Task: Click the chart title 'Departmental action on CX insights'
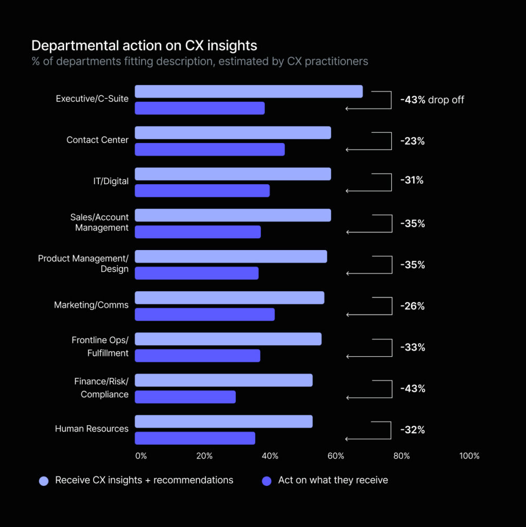click(144, 45)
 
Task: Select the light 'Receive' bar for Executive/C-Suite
click(249, 92)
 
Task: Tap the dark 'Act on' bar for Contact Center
click(209, 149)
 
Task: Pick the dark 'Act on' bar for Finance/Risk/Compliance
click(185, 397)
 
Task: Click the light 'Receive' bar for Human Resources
click(223, 421)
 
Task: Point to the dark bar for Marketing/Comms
click(204, 314)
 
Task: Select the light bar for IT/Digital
click(233, 174)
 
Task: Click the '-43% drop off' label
click(432, 100)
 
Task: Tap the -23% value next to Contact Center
click(412, 141)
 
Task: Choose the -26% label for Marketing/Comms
click(412, 306)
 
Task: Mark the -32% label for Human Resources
click(412, 430)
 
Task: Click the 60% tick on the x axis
click(336, 456)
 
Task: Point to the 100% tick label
click(469, 456)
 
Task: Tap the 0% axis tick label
click(141, 456)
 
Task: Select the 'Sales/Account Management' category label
click(99, 222)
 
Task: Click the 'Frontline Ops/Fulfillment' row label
click(100, 346)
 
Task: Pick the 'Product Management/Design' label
click(83, 263)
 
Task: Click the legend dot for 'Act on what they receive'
click(267, 481)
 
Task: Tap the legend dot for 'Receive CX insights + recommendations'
click(44, 481)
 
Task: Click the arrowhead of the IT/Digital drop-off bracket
click(348, 191)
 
